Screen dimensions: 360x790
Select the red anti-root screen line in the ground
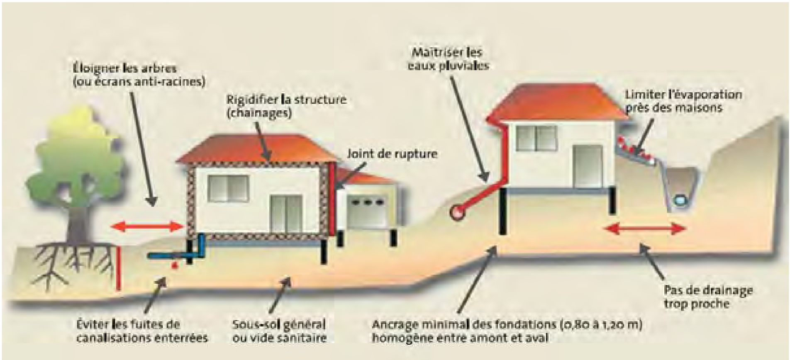coord(119,268)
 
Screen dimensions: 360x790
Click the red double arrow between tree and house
coord(147,226)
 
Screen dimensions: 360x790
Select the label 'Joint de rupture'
coord(392,154)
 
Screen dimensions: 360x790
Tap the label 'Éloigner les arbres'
coord(123,68)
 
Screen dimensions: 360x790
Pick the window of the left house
coord(228,189)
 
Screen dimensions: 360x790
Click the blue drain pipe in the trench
coord(680,200)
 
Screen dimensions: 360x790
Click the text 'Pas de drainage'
coord(708,290)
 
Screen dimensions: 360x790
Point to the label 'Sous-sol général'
coord(279,324)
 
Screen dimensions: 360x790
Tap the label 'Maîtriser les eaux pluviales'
coord(448,59)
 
